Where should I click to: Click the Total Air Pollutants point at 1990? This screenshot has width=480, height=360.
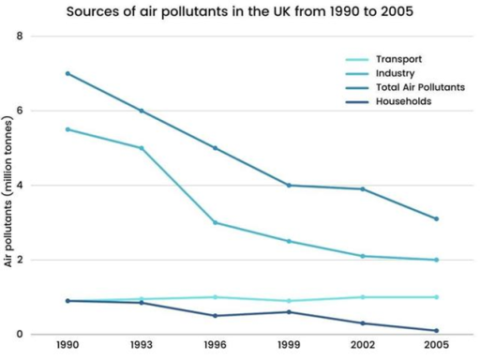(x=67, y=73)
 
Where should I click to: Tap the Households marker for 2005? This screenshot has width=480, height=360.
(x=437, y=330)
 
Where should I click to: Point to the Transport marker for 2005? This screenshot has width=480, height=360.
(x=437, y=297)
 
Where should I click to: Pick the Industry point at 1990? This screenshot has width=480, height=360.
(x=67, y=129)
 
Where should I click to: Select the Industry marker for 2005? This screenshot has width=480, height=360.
(x=437, y=260)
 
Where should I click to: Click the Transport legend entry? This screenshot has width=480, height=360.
(x=396, y=57)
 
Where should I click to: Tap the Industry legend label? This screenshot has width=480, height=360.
(x=394, y=72)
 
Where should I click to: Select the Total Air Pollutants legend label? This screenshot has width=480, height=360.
(x=419, y=86)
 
